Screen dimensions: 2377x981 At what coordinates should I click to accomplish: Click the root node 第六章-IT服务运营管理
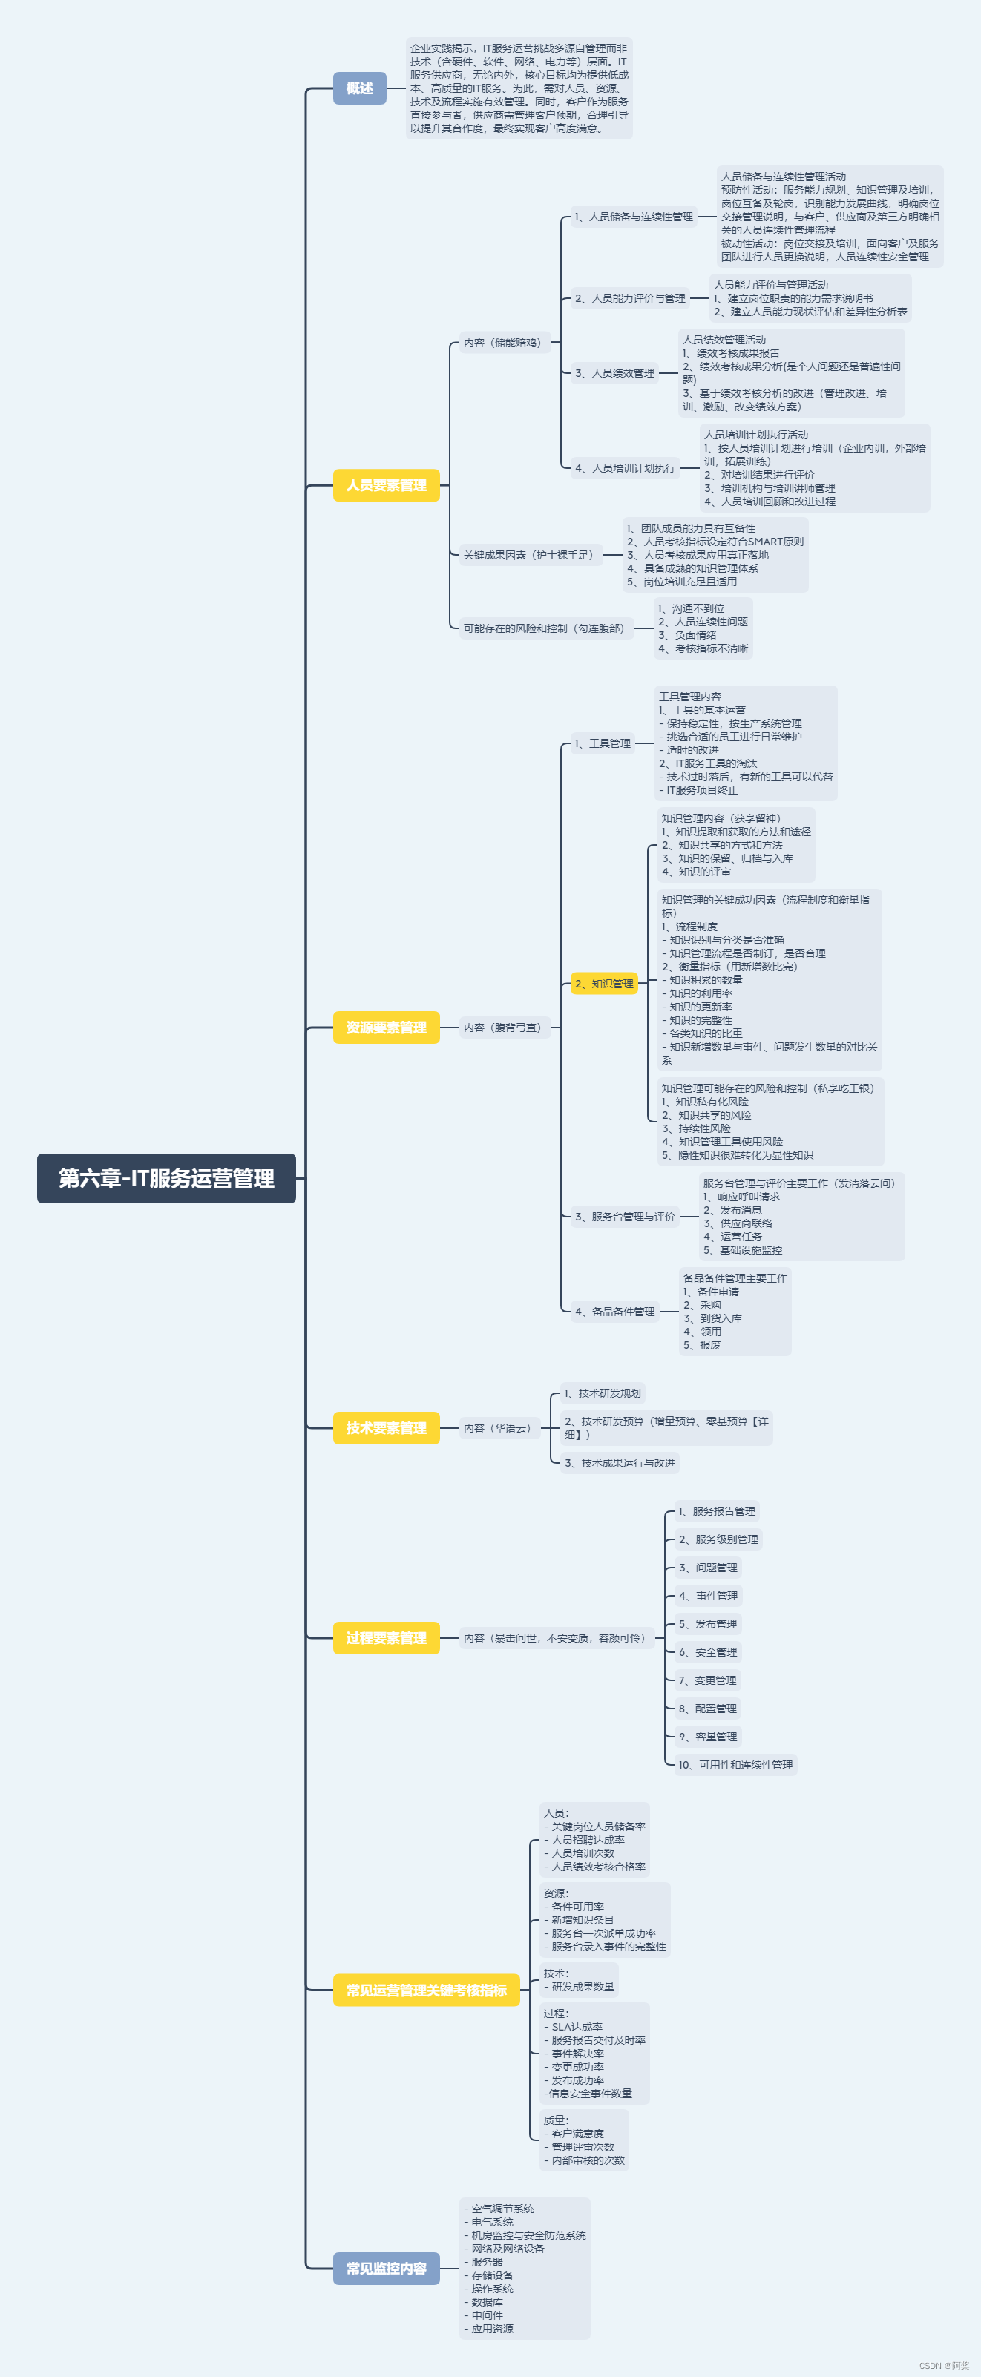tap(166, 1178)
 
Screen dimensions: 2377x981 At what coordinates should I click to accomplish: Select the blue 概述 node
tap(359, 88)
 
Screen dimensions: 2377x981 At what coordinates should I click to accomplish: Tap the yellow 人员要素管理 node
tap(386, 485)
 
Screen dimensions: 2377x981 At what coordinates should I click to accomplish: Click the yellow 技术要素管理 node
tap(386, 1428)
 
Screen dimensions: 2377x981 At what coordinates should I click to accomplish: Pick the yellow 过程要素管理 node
tap(386, 1638)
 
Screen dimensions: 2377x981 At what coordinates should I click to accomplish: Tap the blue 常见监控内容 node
tap(386, 2268)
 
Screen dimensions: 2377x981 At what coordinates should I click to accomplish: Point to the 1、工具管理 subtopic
tap(603, 743)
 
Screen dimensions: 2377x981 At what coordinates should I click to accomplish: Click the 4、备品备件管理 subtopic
tap(614, 1311)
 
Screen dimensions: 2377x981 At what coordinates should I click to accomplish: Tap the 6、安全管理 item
tap(708, 1653)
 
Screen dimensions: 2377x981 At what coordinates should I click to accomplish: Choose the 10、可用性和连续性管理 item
tap(735, 1765)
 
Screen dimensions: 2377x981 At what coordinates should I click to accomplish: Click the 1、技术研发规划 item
tap(603, 1393)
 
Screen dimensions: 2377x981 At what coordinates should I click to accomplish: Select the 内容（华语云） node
tap(496, 1428)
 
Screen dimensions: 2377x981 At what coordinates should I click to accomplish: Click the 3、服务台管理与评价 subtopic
tap(625, 1217)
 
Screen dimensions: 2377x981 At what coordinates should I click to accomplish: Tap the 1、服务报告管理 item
tap(716, 1511)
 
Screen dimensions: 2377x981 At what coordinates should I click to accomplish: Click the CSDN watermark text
tap(943, 2366)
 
